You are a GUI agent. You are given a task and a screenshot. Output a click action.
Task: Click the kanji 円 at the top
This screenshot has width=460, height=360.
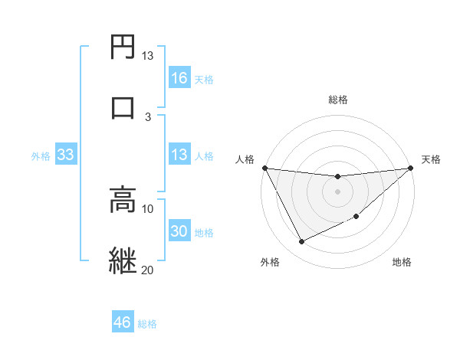click(x=123, y=47)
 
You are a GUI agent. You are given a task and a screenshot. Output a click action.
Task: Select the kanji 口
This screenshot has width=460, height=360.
click(x=123, y=108)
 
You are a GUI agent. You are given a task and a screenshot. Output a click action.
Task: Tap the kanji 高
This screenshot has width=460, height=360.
click(x=123, y=201)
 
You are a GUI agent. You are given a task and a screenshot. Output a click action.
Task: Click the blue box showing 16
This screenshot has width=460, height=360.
click(x=179, y=78)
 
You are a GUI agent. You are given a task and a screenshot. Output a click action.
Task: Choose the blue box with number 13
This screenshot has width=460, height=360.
click(x=179, y=155)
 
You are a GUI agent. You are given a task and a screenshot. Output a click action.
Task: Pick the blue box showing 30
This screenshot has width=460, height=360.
click(x=179, y=232)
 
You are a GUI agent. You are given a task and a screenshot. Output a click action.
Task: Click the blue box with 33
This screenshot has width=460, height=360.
click(x=66, y=155)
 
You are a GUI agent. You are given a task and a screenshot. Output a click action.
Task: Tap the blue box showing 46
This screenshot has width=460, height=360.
click(x=123, y=322)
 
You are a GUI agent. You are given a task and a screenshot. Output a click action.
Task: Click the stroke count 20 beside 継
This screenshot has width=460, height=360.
click(x=147, y=270)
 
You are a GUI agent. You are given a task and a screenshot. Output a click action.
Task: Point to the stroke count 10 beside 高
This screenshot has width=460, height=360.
click(x=147, y=208)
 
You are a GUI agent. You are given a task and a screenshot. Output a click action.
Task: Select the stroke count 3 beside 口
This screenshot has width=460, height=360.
click(x=148, y=116)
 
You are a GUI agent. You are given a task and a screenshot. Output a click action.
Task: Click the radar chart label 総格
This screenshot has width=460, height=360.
click(x=338, y=100)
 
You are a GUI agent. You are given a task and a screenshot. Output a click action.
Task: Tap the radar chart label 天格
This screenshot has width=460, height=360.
click(x=431, y=159)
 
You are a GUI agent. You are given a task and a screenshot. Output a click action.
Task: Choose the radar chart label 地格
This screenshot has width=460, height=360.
click(x=402, y=262)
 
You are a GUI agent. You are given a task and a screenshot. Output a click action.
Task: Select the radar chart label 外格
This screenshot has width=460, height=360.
click(x=270, y=262)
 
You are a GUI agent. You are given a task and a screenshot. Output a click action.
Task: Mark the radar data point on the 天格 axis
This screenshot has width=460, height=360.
click(x=411, y=168)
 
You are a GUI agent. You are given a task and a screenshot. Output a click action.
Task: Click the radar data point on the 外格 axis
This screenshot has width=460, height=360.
click(x=301, y=242)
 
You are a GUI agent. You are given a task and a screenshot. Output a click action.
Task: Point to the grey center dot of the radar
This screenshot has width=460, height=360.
click(x=338, y=191)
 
